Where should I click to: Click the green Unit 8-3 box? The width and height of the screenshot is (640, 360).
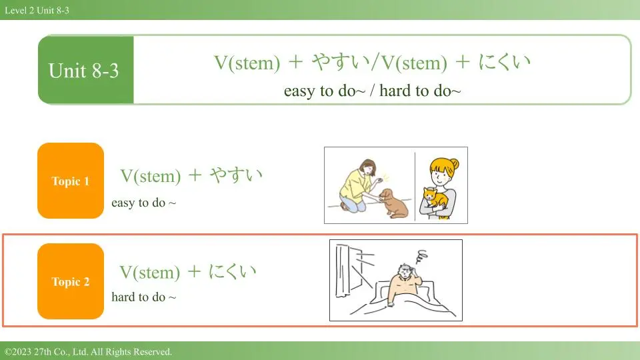pos(86,70)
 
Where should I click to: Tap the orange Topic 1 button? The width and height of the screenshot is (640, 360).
pos(71,181)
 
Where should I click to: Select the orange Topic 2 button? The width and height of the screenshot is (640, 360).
pos(71,281)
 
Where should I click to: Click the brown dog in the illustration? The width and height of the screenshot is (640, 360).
pos(393,203)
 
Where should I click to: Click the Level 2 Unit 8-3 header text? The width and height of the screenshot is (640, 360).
pos(37,10)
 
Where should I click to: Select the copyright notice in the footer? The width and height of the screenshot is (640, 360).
pos(88,351)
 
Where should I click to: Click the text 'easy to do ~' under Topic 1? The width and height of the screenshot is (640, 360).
pos(144,203)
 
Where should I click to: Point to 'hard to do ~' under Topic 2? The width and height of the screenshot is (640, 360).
pos(144,297)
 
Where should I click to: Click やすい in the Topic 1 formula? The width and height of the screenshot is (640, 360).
pos(236,175)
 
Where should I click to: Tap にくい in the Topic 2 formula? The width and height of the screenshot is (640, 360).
pos(232,271)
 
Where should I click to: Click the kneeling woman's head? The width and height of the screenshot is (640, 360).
pos(368,167)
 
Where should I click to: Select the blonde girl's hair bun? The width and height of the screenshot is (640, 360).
pos(454,164)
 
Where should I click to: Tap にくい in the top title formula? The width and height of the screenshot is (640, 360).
pos(505,62)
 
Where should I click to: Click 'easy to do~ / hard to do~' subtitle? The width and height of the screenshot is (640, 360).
pos(372,91)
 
